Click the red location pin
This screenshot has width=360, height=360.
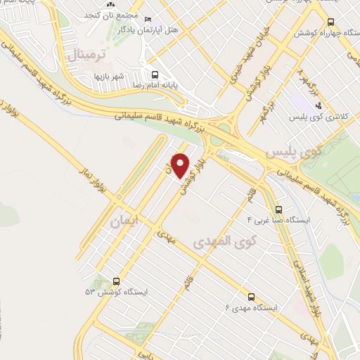[x=181, y=165]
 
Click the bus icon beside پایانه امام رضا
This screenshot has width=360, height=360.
[x=155, y=73]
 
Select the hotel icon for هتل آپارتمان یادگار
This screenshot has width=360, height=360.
[x=146, y=19]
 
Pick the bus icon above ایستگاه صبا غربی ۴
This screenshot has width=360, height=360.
[x=279, y=209]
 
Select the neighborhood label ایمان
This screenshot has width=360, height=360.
[x=125, y=222]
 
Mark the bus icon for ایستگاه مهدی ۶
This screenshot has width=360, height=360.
[x=250, y=297]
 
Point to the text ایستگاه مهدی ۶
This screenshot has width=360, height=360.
[x=251, y=308]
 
